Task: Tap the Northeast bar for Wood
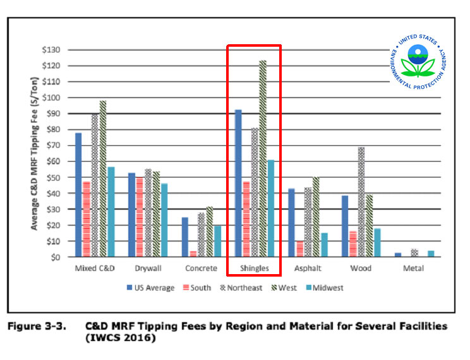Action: (x=361, y=202)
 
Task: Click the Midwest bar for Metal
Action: (x=431, y=254)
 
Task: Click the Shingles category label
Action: (x=254, y=268)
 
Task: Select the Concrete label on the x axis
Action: (x=201, y=268)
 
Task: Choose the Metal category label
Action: (x=414, y=268)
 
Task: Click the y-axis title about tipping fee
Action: (x=35, y=153)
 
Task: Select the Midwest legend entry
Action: (x=326, y=288)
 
